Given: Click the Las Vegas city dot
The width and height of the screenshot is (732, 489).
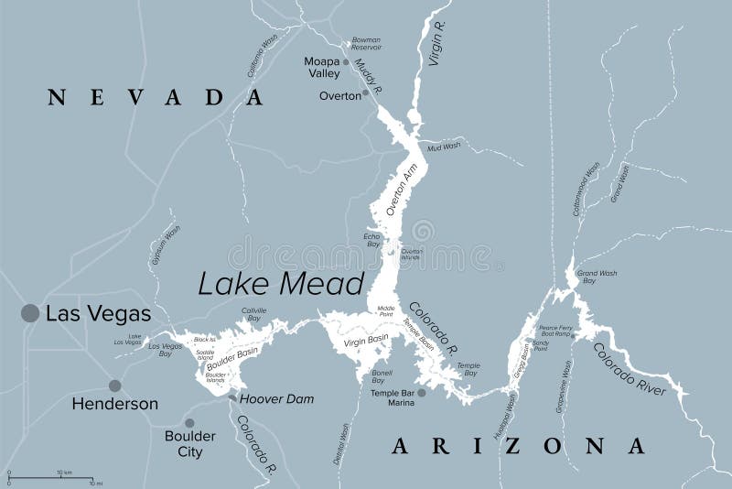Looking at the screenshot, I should (x=30, y=313).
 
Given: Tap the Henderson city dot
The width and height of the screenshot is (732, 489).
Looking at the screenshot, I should (x=114, y=386).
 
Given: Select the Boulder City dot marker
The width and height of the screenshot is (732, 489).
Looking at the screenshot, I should (x=189, y=423).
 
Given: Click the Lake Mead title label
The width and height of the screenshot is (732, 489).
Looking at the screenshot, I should (x=282, y=283).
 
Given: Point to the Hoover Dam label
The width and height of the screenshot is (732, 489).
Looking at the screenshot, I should (x=276, y=399).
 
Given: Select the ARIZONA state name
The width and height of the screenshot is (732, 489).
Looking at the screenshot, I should (x=519, y=446).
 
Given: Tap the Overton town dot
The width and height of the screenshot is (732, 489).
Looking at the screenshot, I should (x=366, y=92).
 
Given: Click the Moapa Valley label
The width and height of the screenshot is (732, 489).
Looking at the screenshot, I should (x=323, y=67).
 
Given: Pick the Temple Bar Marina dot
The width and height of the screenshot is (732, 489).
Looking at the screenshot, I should (x=422, y=393).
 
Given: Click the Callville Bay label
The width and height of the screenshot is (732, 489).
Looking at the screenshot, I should (x=254, y=315).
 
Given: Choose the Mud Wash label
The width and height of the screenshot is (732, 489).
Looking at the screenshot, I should (x=446, y=146).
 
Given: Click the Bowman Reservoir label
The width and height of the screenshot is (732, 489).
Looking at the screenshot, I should (x=367, y=44).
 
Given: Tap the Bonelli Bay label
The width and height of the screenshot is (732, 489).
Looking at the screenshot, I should (x=382, y=378).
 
